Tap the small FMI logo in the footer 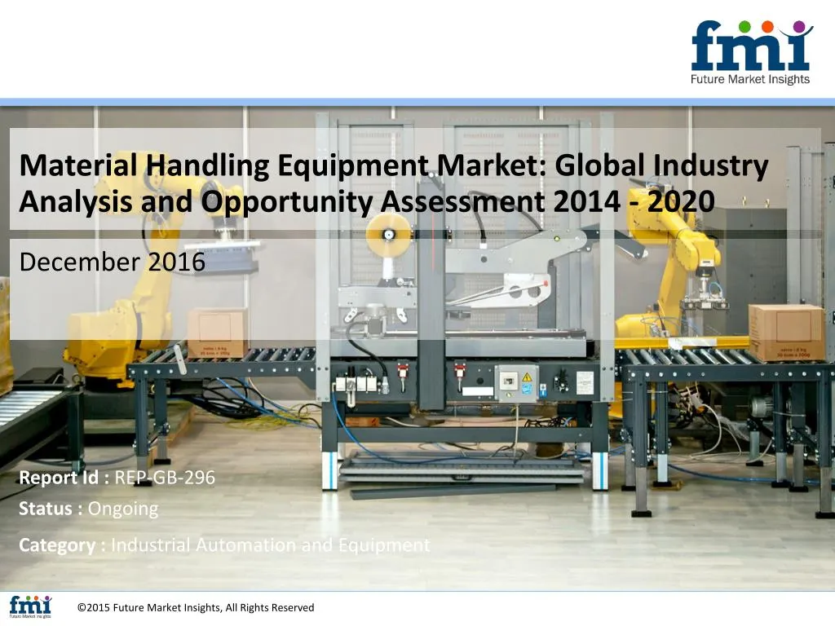(x=30, y=606)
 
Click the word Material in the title (x=80, y=166)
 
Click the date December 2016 (x=112, y=262)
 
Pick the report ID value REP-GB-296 (x=165, y=478)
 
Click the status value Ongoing (x=123, y=509)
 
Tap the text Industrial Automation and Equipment (x=270, y=545)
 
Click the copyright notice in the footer (x=195, y=607)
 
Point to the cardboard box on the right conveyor (x=786, y=332)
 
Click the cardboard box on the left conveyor (x=216, y=332)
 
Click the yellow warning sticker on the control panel (x=526, y=377)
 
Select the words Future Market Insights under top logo (x=750, y=80)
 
